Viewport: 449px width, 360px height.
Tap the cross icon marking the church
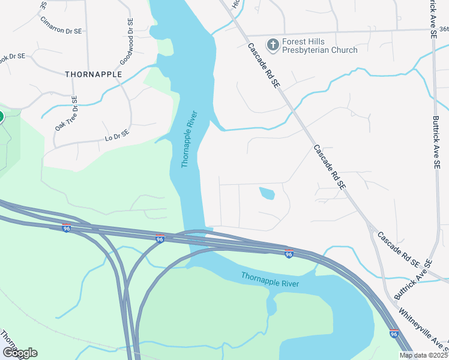[x=273, y=44]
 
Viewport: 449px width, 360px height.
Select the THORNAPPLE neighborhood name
[x=93, y=74]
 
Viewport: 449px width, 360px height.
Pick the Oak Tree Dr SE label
[x=67, y=115]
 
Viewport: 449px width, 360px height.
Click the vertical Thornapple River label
[x=190, y=139]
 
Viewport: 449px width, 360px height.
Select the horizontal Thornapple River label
[x=270, y=279]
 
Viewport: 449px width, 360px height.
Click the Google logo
[x=20, y=353]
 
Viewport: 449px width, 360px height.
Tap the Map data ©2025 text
[x=423, y=355]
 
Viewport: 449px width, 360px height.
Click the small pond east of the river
[x=267, y=193]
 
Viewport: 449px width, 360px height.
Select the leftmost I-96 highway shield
[x=67, y=229]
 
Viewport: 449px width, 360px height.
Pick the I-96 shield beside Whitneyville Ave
[x=394, y=334]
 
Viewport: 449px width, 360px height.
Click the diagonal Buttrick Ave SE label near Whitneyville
[x=414, y=280]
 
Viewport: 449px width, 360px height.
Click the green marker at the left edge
[x=1, y=116]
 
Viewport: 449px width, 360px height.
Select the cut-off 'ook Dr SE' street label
[x=13, y=56]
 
